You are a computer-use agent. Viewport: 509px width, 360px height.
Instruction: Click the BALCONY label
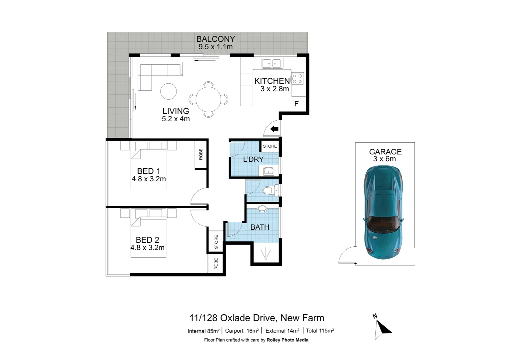[x=216, y=39]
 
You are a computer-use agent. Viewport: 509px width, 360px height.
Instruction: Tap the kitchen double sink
[x=272, y=63]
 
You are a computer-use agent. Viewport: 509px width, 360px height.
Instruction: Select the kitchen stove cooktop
[x=297, y=79]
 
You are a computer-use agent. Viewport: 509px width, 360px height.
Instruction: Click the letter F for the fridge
[x=296, y=104]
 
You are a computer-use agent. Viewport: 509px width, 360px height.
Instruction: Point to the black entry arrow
[x=274, y=129]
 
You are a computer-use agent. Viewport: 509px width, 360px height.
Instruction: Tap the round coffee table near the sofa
[x=169, y=91]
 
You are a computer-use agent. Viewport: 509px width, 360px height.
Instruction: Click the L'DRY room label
[x=253, y=159]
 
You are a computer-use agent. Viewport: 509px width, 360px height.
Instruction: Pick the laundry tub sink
[x=268, y=171]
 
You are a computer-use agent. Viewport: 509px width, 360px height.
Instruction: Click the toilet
[x=270, y=191]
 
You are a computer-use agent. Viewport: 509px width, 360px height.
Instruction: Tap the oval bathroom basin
[x=262, y=209]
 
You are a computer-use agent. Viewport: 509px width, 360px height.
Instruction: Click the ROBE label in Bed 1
[x=201, y=154]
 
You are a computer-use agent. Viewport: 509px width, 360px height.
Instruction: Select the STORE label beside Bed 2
[x=216, y=242]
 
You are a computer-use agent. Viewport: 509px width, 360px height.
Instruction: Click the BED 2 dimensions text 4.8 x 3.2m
[x=147, y=248]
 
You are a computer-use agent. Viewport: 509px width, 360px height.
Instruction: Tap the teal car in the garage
[x=383, y=213]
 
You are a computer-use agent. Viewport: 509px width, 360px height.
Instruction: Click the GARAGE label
[x=385, y=152]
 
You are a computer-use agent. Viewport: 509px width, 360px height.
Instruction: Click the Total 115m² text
[x=320, y=331]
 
